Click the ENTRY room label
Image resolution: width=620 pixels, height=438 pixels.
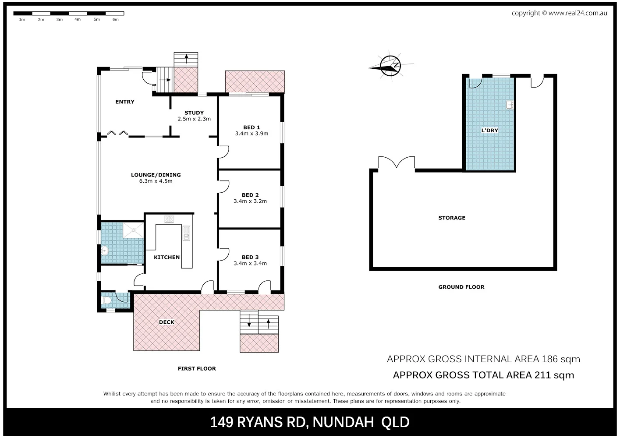125,102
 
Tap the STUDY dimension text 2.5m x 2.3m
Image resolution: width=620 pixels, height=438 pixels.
194,119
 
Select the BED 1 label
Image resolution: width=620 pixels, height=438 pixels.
252,127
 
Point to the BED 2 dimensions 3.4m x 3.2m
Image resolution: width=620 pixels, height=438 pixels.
250,201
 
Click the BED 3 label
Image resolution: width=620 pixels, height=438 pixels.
250,257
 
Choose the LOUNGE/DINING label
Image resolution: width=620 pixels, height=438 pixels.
156,175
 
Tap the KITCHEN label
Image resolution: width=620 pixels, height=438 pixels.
167,257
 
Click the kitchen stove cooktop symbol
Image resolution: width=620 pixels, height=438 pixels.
169,219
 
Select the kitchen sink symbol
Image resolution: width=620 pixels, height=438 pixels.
186,233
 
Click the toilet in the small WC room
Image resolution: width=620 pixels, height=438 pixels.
106,301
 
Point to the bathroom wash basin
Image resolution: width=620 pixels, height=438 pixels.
104,251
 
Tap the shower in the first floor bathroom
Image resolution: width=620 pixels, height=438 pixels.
133,230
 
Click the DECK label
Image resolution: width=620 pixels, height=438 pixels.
167,322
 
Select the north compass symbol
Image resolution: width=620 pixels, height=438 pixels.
390,66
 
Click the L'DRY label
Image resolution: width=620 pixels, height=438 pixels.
489,131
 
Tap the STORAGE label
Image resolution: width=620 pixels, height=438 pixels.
452,218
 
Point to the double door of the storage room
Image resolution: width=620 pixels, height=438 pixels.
397,163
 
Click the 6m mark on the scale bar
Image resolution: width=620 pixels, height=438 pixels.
116,20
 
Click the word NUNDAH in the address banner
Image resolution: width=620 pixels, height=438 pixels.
343,422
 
